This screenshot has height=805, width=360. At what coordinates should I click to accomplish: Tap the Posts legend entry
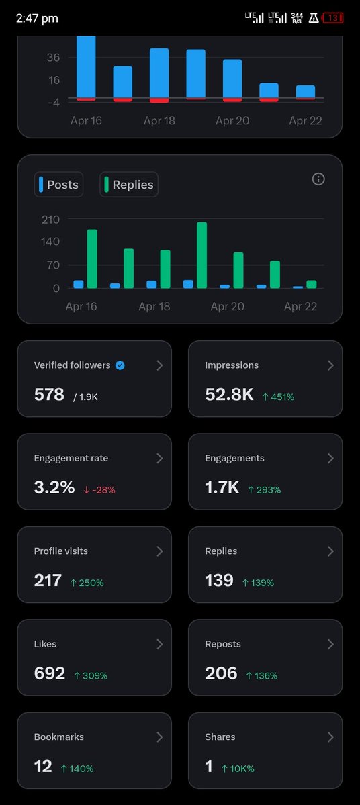(x=58, y=185)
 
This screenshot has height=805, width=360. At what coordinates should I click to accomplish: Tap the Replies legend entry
(x=129, y=185)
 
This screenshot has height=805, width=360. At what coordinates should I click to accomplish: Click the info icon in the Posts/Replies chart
(x=319, y=179)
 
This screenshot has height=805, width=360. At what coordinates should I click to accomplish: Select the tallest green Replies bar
(x=201, y=255)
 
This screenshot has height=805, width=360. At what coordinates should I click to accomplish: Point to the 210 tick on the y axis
(x=50, y=219)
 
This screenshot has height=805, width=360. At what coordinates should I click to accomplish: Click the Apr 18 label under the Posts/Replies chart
(x=154, y=306)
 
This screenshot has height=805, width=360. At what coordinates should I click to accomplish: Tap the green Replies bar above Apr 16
(x=92, y=258)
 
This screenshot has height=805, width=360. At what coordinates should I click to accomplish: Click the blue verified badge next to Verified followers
(x=120, y=365)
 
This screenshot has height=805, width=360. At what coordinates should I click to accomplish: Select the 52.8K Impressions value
(x=229, y=395)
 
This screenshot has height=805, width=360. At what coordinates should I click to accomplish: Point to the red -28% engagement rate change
(x=99, y=489)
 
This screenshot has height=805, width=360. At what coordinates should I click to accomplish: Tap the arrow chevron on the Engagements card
(x=330, y=458)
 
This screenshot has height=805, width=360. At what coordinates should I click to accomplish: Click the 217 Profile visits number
(x=48, y=580)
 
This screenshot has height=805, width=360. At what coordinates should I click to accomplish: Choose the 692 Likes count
(x=49, y=673)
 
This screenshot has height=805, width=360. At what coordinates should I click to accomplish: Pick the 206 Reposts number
(x=221, y=673)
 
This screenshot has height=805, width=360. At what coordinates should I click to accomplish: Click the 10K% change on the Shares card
(x=239, y=769)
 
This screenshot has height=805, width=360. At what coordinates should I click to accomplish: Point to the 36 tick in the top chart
(x=53, y=58)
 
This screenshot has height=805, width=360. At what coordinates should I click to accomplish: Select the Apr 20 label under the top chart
(x=232, y=121)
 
